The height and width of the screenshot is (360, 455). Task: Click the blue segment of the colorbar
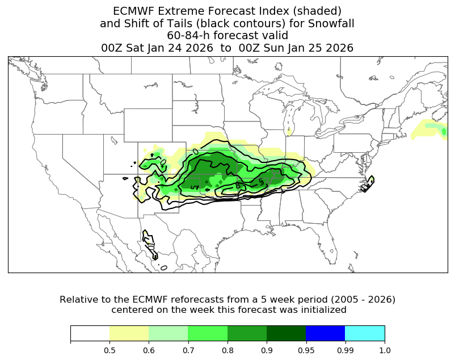[x=325, y=333]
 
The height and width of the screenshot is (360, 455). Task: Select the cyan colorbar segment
[x=365, y=333]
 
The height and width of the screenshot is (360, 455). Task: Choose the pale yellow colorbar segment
[x=129, y=333]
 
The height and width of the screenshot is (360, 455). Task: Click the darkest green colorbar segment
[x=286, y=333]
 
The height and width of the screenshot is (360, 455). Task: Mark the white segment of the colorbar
[x=90, y=333]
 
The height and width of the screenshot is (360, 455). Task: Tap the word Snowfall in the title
[x=333, y=23]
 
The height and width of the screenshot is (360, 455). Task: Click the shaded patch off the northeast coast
[x=431, y=131]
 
